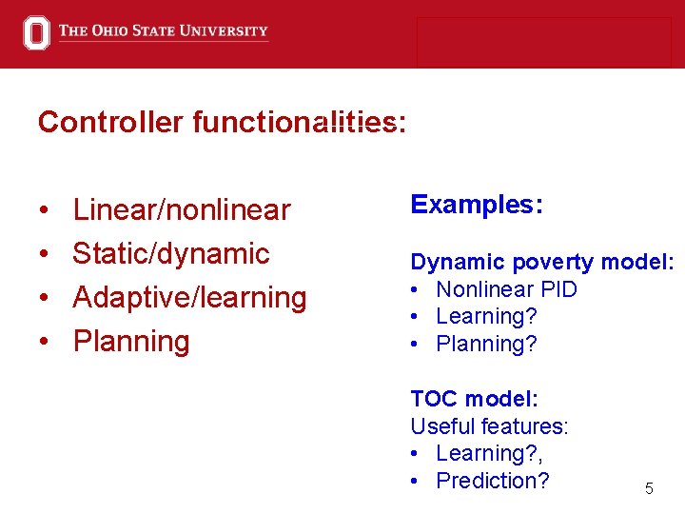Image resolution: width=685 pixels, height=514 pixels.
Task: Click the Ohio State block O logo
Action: [x=35, y=32]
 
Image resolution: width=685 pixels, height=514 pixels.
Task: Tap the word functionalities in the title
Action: [x=298, y=123]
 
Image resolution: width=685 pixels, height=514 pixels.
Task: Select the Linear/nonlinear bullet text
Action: [x=181, y=209]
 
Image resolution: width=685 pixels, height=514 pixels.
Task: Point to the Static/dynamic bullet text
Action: [x=171, y=253]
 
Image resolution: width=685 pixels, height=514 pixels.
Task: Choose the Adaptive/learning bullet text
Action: [x=189, y=297]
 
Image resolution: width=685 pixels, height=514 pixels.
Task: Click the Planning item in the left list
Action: [x=131, y=341]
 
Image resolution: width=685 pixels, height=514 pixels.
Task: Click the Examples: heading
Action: [x=476, y=205]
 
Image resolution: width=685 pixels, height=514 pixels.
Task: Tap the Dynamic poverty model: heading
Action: [x=542, y=262]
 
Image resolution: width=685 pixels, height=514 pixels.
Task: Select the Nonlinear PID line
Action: [x=506, y=289]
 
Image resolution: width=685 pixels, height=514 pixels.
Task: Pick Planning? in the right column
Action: [x=486, y=344]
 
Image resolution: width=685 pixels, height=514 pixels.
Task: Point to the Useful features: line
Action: [x=489, y=426]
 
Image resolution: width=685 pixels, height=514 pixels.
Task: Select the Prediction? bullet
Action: [x=492, y=481]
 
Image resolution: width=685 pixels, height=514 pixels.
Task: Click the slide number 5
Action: [x=649, y=489]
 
